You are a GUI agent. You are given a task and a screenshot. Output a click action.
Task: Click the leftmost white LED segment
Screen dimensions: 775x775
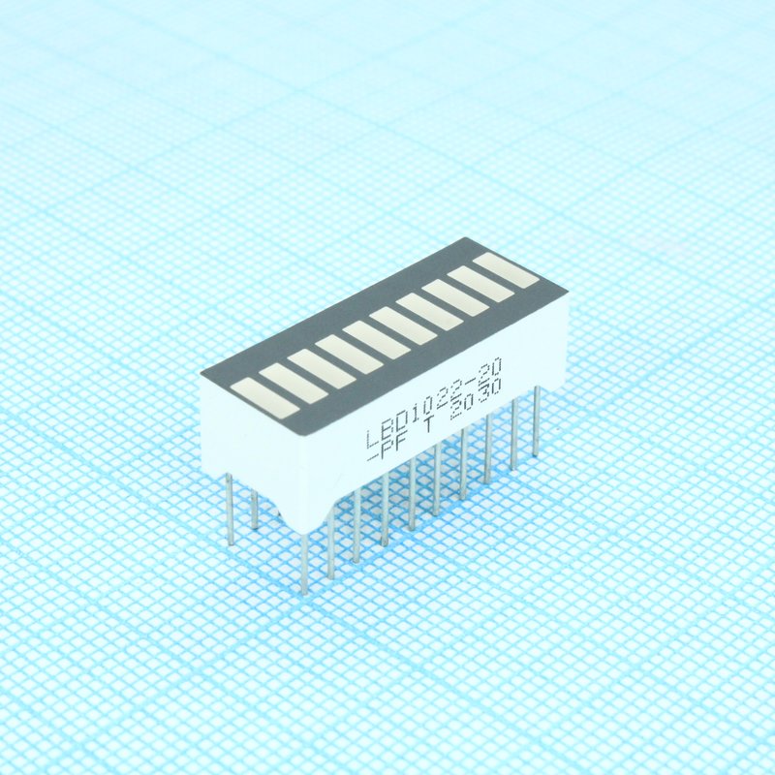(x=265, y=399)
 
